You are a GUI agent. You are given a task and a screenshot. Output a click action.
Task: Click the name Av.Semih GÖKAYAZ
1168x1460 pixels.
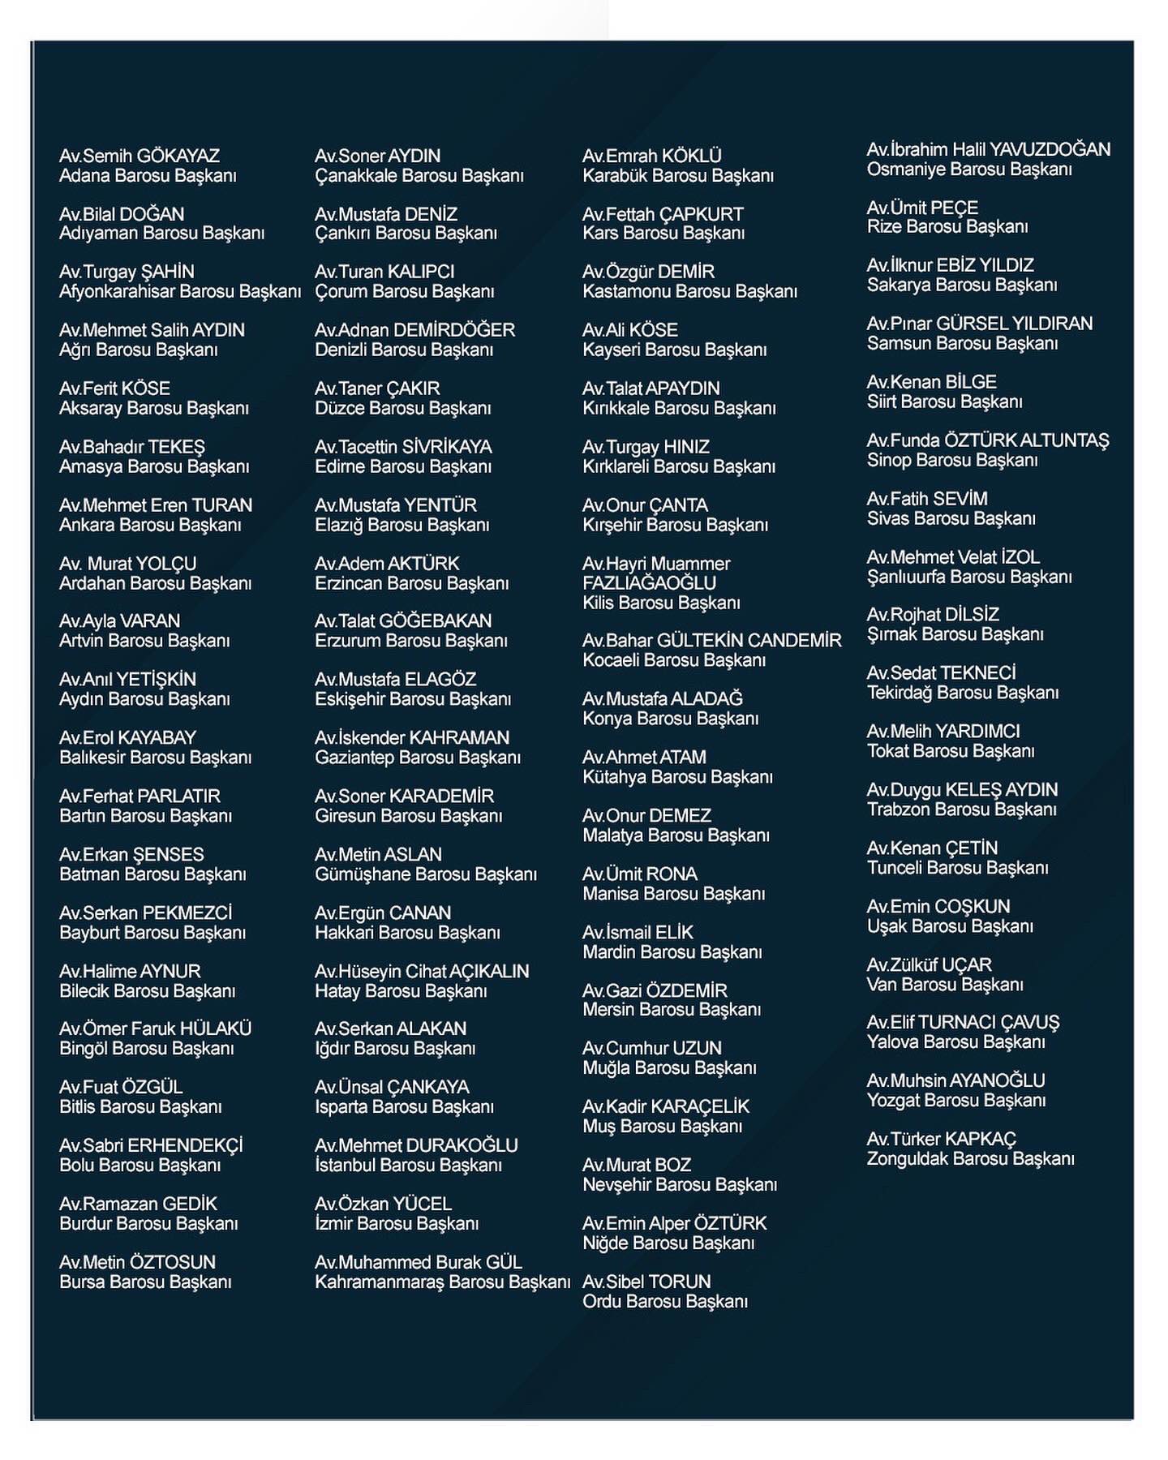tap(140, 156)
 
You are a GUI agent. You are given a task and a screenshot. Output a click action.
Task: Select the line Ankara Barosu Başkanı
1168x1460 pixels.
tap(150, 525)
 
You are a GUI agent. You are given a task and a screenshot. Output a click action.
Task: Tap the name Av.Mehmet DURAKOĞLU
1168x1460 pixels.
tap(416, 1145)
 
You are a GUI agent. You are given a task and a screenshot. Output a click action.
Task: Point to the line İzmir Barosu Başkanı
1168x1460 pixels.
tap(397, 1223)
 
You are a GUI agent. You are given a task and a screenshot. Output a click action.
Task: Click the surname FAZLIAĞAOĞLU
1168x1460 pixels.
tap(649, 583)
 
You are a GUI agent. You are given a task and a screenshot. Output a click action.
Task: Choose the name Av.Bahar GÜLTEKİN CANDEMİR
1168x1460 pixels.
tap(711, 641)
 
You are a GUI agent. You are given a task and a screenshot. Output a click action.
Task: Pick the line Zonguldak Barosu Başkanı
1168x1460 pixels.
tap(970, 1158)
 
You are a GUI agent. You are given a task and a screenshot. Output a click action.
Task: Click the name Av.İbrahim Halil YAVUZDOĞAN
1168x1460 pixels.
tap(988, 149)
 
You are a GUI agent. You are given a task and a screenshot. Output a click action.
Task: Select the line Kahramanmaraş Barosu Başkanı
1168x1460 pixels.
tap(442, 1282)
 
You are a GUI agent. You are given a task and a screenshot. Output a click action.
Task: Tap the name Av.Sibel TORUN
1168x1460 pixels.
tap(646, 1282)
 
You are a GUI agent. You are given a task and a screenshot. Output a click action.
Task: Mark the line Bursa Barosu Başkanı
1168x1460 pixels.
tap(145, 1282)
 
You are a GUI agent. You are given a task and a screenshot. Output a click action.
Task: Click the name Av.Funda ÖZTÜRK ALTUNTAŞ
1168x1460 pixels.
tap(987, 440)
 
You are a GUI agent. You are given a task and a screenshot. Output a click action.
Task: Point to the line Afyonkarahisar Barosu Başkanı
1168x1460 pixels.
tap(180, 291)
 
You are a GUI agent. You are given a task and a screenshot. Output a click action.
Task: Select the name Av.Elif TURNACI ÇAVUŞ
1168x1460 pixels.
tap(963, 1022)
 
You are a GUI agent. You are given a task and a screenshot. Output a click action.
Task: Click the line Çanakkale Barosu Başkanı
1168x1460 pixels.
tap(419, 175)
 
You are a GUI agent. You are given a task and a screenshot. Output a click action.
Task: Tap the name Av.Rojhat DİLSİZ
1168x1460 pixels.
tap(933, 615)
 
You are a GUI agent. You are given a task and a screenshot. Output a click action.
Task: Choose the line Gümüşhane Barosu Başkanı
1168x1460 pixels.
tap(426, 874)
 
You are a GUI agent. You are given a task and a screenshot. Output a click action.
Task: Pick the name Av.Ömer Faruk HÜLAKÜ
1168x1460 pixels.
tap(156, 1028)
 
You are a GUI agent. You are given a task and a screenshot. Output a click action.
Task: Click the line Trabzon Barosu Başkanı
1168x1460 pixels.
tap(961, 809)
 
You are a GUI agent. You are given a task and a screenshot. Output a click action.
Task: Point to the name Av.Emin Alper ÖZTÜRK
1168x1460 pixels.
tap(674, 1223)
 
